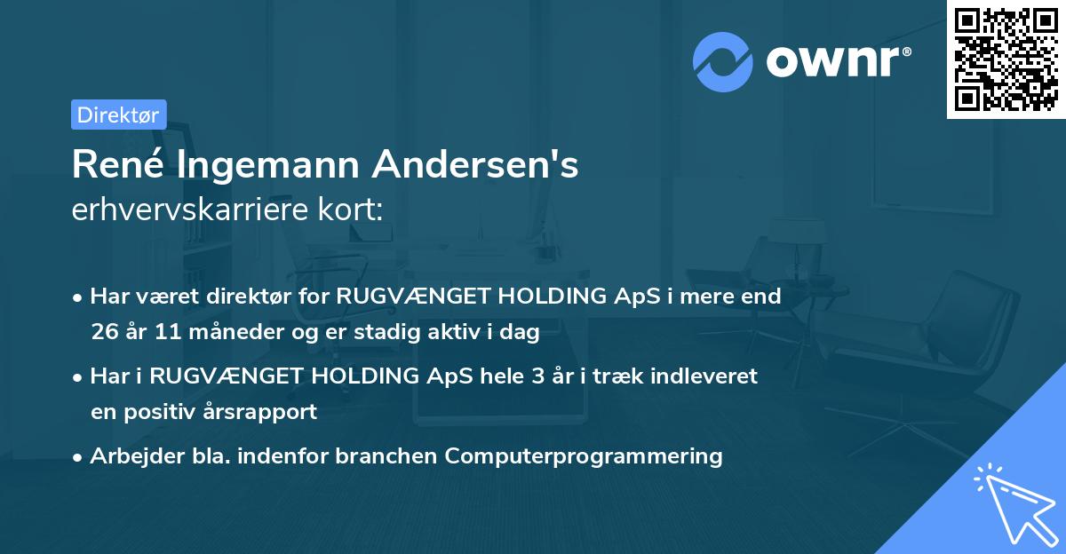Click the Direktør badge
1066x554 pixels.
118,115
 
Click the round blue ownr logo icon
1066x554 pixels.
723,62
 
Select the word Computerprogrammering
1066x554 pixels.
584,456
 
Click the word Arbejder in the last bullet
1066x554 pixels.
130,456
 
